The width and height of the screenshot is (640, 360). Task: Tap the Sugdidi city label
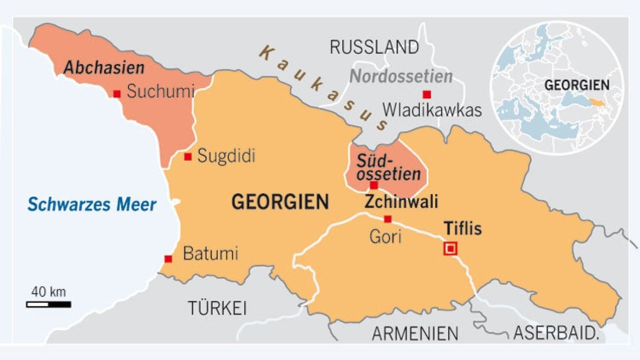[x=226, y=156]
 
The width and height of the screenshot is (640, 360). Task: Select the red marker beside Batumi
[x=169, y=259]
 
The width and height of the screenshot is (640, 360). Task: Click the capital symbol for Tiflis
[x=451, y=248]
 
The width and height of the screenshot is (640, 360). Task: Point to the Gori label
[x=385, y=236]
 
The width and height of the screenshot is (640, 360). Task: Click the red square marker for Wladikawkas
[x=427, y=94]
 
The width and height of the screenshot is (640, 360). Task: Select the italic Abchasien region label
[x=104, y=68]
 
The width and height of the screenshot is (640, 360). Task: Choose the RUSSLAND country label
[x=374, y=47]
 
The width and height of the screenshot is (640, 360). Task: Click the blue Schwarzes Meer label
[x=92, y=204]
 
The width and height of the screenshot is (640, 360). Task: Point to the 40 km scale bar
[x=49, y=304]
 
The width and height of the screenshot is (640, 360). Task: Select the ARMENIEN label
[x=414, y=333]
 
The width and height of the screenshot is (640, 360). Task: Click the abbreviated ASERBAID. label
[x=555, y=333]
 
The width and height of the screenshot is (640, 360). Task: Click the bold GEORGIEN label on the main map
[x=281, y=202]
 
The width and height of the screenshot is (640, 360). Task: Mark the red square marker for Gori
[x=388, y=219]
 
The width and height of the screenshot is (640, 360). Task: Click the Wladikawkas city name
[x=433, y=110]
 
